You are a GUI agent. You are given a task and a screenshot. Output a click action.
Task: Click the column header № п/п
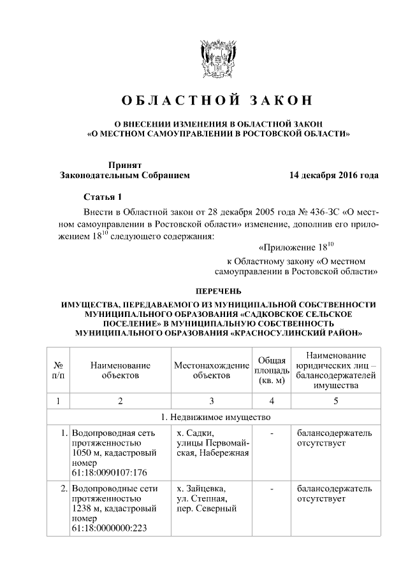(x=58, y=370)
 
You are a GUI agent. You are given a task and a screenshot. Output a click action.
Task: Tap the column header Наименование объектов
(x=120, y=370)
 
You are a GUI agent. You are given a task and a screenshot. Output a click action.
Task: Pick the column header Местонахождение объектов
(x=211, y=370)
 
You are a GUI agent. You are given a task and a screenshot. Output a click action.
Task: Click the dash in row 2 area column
(x=272, y=489)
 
